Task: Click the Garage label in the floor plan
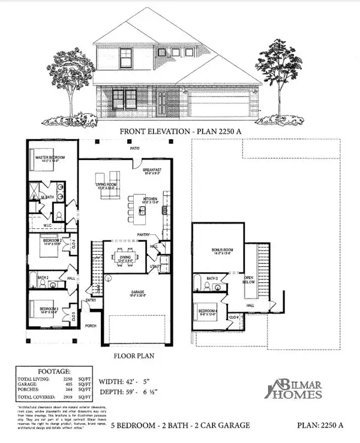(139, 294)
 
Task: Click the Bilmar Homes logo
(296, 388)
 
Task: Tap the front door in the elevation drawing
(162, 103)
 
